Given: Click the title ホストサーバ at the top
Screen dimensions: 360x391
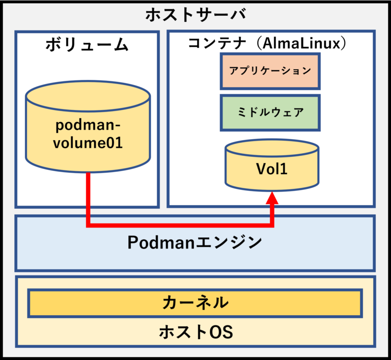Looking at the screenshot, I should [195, 15].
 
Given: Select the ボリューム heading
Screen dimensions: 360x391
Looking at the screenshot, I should [87, 45].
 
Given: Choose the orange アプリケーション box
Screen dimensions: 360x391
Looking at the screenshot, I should [270, 71].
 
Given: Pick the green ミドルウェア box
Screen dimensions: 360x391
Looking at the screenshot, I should [270, 112].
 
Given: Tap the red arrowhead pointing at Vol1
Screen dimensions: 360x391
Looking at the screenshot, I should [272, 199].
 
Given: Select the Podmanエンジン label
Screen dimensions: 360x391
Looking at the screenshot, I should [194, 242].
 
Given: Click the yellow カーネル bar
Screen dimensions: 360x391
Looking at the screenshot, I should [195, 303].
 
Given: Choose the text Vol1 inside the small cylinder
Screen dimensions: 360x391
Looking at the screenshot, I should [272, 169].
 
